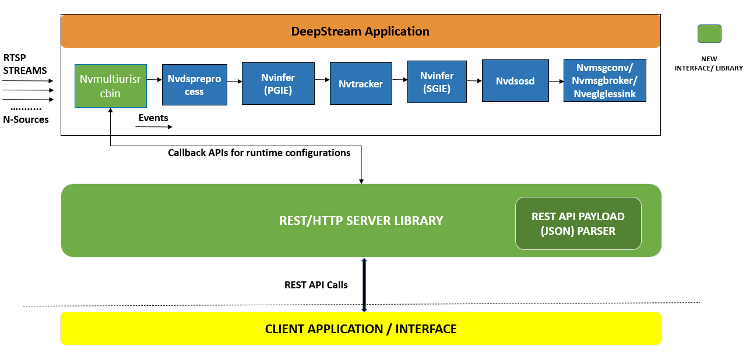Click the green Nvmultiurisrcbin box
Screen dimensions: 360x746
[x=111, y=86]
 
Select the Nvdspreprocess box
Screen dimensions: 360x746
[x=194, y=84]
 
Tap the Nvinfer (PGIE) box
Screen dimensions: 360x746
[x=278, y=83]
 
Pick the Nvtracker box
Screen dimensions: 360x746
[x=361, y=84]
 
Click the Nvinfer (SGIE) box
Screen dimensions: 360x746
[x=437, y=82]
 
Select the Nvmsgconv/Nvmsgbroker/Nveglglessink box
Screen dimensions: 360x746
[x=604, y=80]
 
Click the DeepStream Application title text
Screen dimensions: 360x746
[x=360, y=31]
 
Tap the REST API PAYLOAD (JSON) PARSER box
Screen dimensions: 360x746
[x=578, y=223]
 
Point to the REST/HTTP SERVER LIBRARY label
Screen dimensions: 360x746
[x=361, y=221]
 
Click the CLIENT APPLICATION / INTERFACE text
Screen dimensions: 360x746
[x=361, y=329]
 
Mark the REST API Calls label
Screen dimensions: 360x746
[x=316, y=285]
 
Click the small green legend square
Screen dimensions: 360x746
[x=709, y=34]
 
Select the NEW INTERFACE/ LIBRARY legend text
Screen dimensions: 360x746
[x=709, y=63]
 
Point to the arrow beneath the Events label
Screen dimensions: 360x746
[x=154, y=126]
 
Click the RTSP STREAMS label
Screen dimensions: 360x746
[x=25, y=65]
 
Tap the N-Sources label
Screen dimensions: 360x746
[x=26, y=119]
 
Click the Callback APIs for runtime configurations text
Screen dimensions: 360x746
[x=259, y=153]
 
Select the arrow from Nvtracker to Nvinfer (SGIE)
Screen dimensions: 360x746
[x=399, y=80]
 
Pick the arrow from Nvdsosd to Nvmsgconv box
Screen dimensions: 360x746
[x=556, y=81]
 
